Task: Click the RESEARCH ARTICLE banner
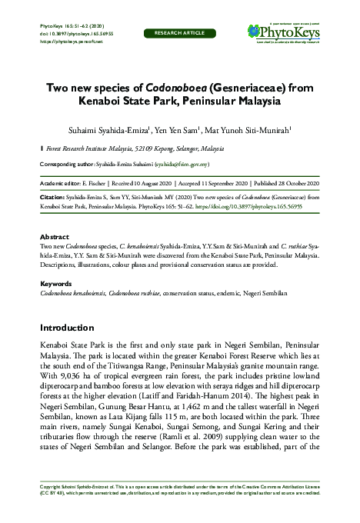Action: [180, 34]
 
